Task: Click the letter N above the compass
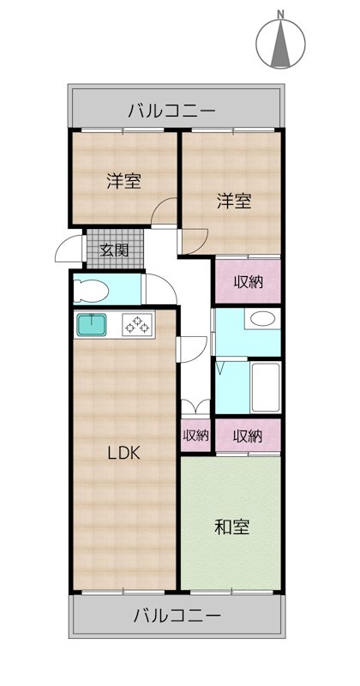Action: [x=280, y=14]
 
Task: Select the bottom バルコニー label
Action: [x=177, y=616]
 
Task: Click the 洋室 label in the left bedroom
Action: [x=123, y=181]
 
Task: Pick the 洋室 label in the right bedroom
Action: [x=232, y=202]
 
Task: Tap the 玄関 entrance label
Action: [x=114, y=250]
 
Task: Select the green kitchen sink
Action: [x=91, y=325]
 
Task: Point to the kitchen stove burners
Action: [x=135, y=325]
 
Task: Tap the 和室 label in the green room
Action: [x=231, y=527]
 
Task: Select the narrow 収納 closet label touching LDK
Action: [x=196, y=436]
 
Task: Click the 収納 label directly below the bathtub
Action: [x=248, y=436]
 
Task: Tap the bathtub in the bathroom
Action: [x=265, y=387]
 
